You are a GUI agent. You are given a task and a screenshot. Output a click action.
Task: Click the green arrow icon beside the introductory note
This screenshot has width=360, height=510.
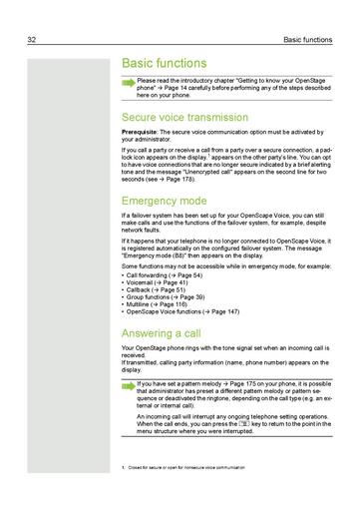click(128, 83)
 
